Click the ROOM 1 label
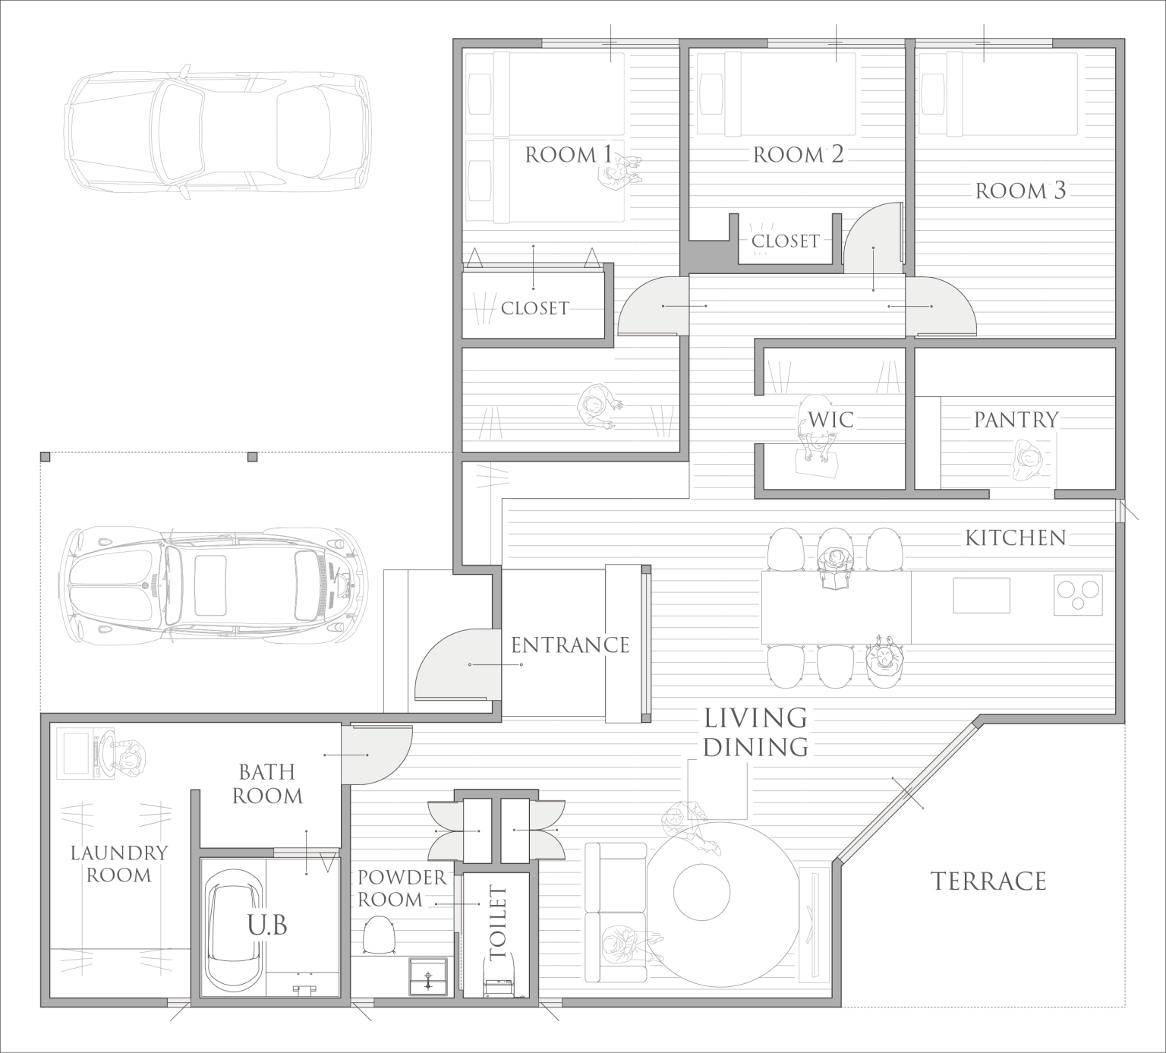(x=569, y=156)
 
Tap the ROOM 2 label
(x=798, y=156)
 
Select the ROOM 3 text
(x=1020, y=191)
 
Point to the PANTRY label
(x=1016, y=420)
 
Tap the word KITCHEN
(x=1016, y=538)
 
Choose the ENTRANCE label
(x=569, y=645)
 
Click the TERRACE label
(x=988, y=881)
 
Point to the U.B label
(x=266, y=926)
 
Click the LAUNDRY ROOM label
(x=118, y=864)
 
